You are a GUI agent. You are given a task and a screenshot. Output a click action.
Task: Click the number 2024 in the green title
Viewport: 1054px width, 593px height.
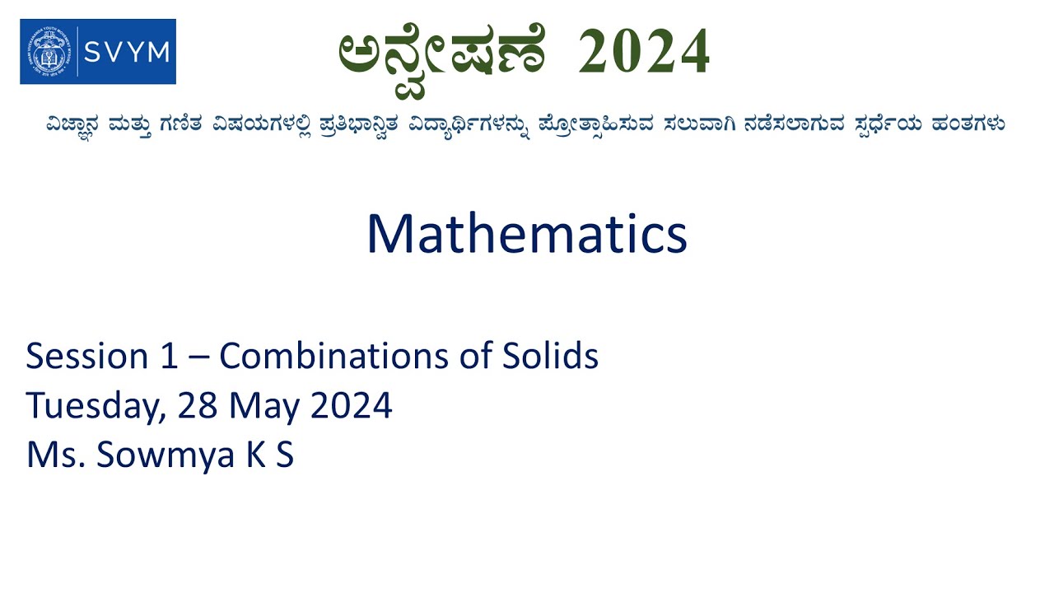[644, 53]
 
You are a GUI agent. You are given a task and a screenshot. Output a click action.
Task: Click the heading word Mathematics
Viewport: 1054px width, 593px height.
[527, 234]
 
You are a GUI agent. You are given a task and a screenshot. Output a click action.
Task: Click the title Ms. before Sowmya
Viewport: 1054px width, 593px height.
[54, 455]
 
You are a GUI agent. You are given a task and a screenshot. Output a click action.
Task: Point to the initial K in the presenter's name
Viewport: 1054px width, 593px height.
[254, 455]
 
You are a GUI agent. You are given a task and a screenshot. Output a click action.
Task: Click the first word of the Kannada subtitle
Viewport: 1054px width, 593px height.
[78, 124]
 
